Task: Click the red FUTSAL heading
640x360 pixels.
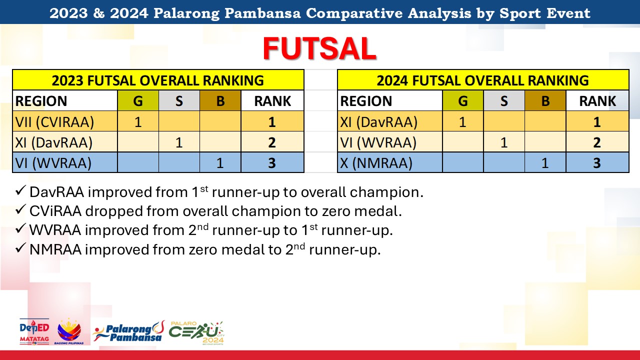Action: point(319,48)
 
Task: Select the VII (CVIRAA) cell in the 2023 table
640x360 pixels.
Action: point(65,121)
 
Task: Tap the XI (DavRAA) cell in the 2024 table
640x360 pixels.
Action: point(390,121)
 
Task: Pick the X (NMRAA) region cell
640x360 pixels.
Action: point(390,162)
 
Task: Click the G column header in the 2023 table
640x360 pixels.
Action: point(138,100)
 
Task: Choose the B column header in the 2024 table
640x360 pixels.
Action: point(545,100)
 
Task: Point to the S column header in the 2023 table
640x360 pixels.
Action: point(179,100)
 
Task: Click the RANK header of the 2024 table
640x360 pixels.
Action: point(597,100)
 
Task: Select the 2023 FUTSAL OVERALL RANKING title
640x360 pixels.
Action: point(158,80)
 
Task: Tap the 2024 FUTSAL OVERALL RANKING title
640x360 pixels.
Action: point(483,80)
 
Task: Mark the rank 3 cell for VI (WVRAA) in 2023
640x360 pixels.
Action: point(272,162)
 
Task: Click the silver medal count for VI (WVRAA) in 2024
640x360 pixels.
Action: point(504,142)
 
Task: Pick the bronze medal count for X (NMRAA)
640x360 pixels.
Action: point(545,162)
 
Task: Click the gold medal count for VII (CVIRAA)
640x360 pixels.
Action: point(138,121)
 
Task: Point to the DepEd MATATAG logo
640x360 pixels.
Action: point(34,331)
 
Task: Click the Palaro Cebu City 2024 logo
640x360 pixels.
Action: point(196,332)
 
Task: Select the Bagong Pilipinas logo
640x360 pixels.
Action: point(69,331)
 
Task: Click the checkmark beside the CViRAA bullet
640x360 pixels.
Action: point(20,209)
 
